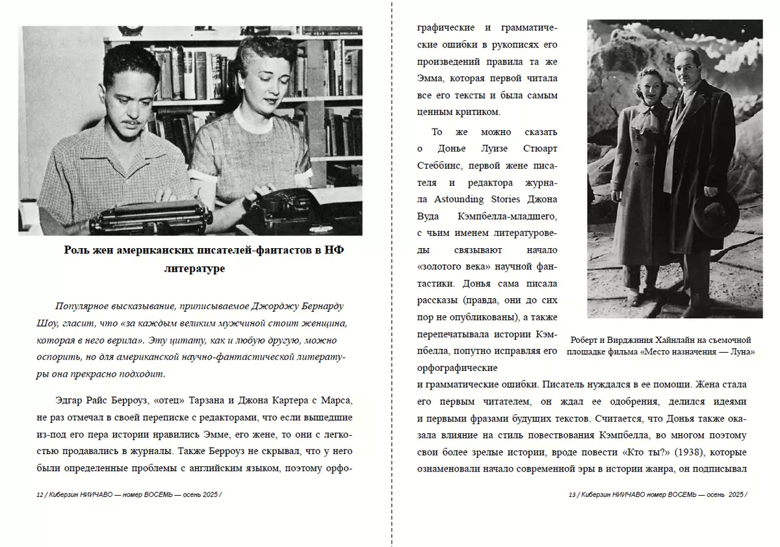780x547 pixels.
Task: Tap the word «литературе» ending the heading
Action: tap(195, 268)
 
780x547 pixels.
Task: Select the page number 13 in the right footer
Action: tap(572, 494)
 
